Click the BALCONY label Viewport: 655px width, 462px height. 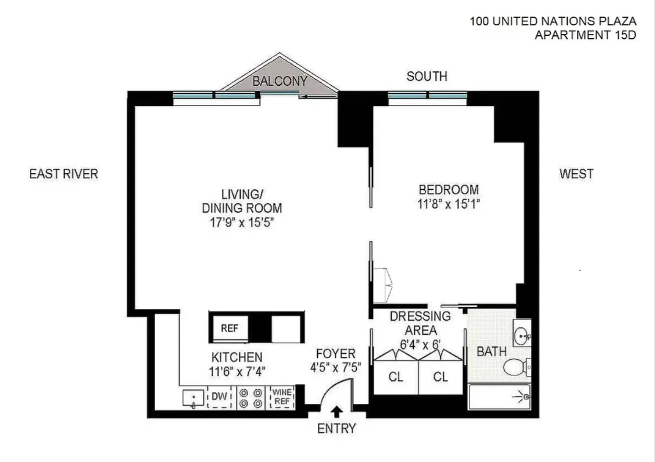pos(280,81)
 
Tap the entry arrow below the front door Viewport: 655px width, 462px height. pos(337,411)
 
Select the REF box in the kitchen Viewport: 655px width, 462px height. pos(230,328)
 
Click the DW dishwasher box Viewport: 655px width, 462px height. pos(219,397)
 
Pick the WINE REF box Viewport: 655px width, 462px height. pos(282,397)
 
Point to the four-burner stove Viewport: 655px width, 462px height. pos(250,398)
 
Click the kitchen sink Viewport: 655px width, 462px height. pos(193,398)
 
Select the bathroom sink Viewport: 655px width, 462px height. pos(522,337)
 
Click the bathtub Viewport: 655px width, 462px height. pos(499,397)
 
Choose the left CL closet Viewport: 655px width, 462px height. pos(396,377)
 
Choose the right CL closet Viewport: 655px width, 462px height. pos(440,377)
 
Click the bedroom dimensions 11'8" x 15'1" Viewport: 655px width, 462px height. pos(448,204)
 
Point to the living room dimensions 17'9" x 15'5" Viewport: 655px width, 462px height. pos(242,222)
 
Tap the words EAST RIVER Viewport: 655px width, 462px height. pos(64,174)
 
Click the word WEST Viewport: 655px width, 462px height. pos(576,174)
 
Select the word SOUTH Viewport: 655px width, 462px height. pos(427,76)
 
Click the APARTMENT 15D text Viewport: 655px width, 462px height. pos(585,35)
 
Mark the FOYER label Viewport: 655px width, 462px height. pos(336,353)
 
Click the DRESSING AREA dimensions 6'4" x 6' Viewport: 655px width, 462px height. pos(420,344)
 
